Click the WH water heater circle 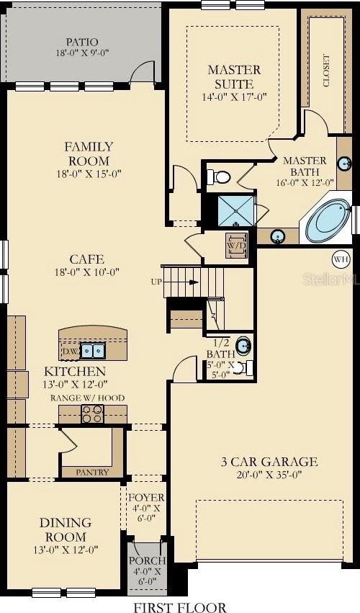(339, 259)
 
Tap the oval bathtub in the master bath (328, 221)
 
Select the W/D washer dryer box (236, 246)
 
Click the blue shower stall (235, 211)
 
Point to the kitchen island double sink (93, 351)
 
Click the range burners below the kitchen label (93, 414)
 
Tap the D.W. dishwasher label (71, 352)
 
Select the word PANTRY (93, 473)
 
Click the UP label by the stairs (156, 282)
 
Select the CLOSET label (326, 71)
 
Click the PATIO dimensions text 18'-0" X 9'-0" (82, 53)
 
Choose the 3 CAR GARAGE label (269, 462)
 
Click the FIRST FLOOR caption (180, 607)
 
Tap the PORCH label (148, 560)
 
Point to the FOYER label (147, 498)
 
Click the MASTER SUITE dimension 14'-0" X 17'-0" (235, 97)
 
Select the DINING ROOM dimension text (66, 550)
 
